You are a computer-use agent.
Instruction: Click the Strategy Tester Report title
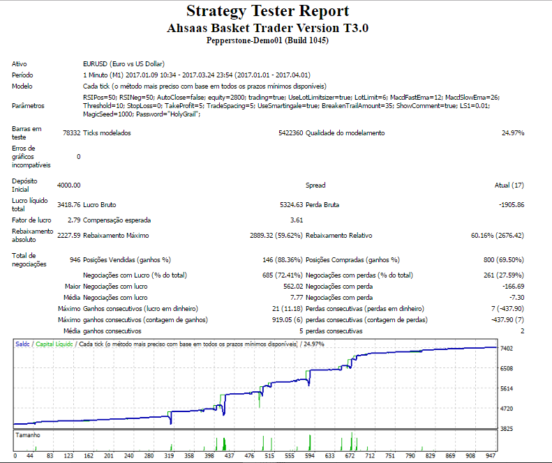267,11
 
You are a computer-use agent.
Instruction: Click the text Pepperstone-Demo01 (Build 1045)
267,40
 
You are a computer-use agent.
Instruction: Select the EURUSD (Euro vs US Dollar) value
124,64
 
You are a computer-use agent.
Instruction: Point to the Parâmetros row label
28,106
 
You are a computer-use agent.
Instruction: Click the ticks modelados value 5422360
290,133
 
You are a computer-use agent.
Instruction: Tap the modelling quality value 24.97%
513,133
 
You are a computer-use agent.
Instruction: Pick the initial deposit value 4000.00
68,185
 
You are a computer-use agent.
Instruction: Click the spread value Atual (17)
509,185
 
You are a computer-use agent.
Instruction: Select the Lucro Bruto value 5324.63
291,205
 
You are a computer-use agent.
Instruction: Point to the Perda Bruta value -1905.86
512,205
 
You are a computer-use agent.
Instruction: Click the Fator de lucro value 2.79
74,220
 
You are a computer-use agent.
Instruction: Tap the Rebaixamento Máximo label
116,236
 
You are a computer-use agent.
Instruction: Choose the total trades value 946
75,260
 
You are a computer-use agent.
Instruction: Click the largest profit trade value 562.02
293,287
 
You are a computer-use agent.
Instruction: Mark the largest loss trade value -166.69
514,287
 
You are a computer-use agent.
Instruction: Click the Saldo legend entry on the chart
22,344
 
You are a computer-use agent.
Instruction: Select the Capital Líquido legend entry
54,344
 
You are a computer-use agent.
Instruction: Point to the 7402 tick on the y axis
507,349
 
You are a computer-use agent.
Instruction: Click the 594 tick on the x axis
310,455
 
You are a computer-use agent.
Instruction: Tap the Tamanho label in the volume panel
28,435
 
